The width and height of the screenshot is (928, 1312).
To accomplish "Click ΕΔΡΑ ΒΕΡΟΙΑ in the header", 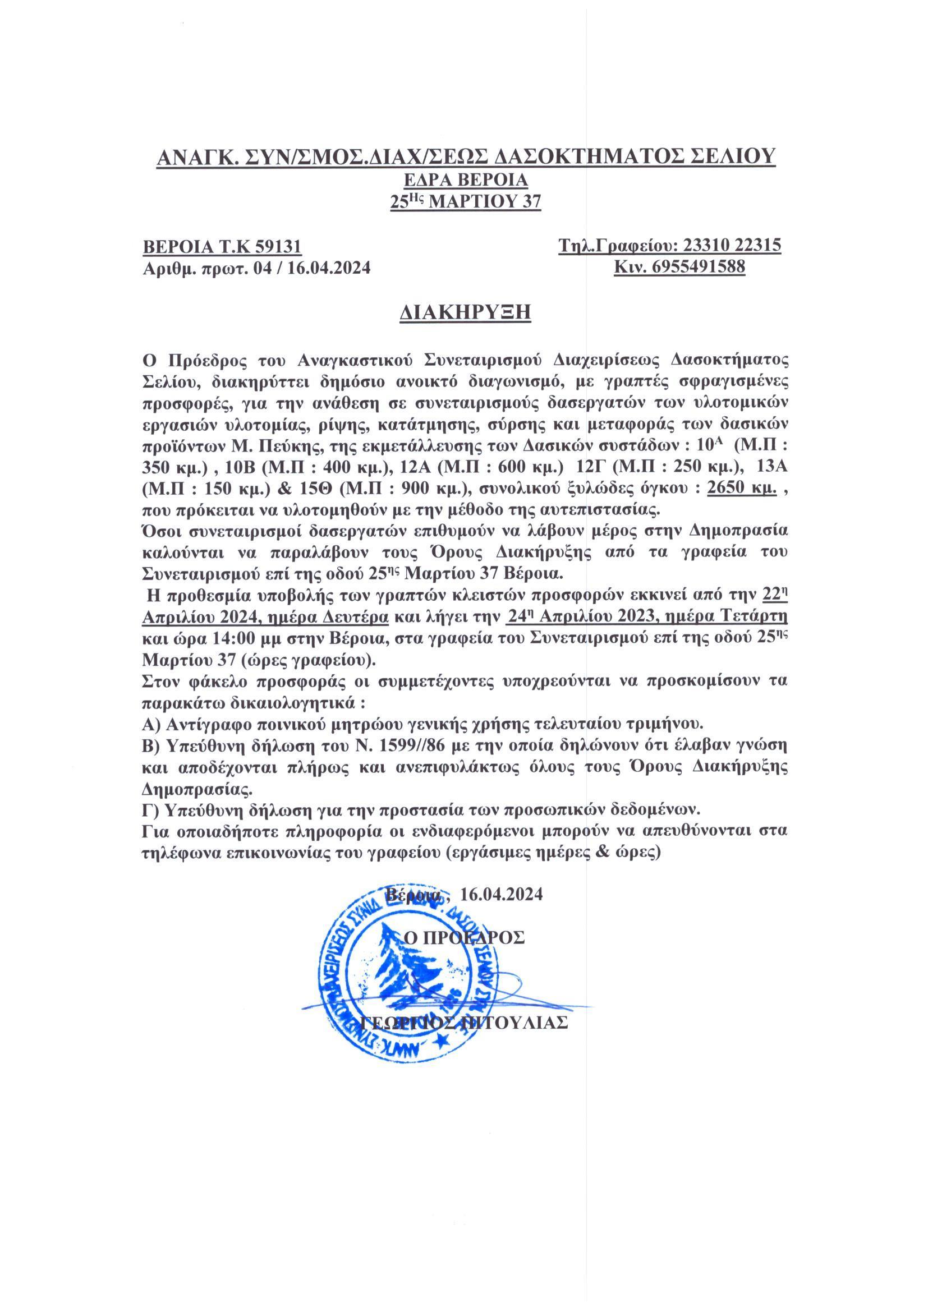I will coord(464,181).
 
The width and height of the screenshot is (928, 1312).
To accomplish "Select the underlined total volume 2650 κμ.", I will coord(741,489).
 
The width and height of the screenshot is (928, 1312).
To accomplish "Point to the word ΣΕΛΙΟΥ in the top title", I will coord(731,156).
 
